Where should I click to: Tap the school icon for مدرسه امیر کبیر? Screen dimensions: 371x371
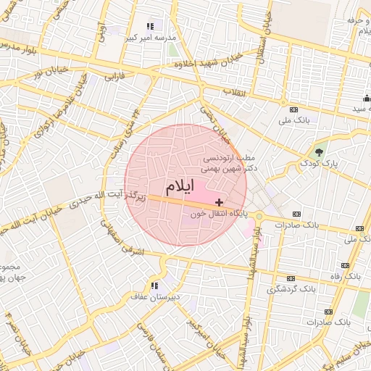pos(150,26)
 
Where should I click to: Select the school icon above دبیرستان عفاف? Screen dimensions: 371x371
pos(154,285)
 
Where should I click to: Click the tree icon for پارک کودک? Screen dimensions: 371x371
pos(320,151)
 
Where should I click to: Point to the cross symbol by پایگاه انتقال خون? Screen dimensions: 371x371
pos(220,201)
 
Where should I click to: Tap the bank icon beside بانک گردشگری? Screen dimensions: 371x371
pos(291,278)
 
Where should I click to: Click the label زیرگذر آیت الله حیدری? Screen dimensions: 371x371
pos(109,200)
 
